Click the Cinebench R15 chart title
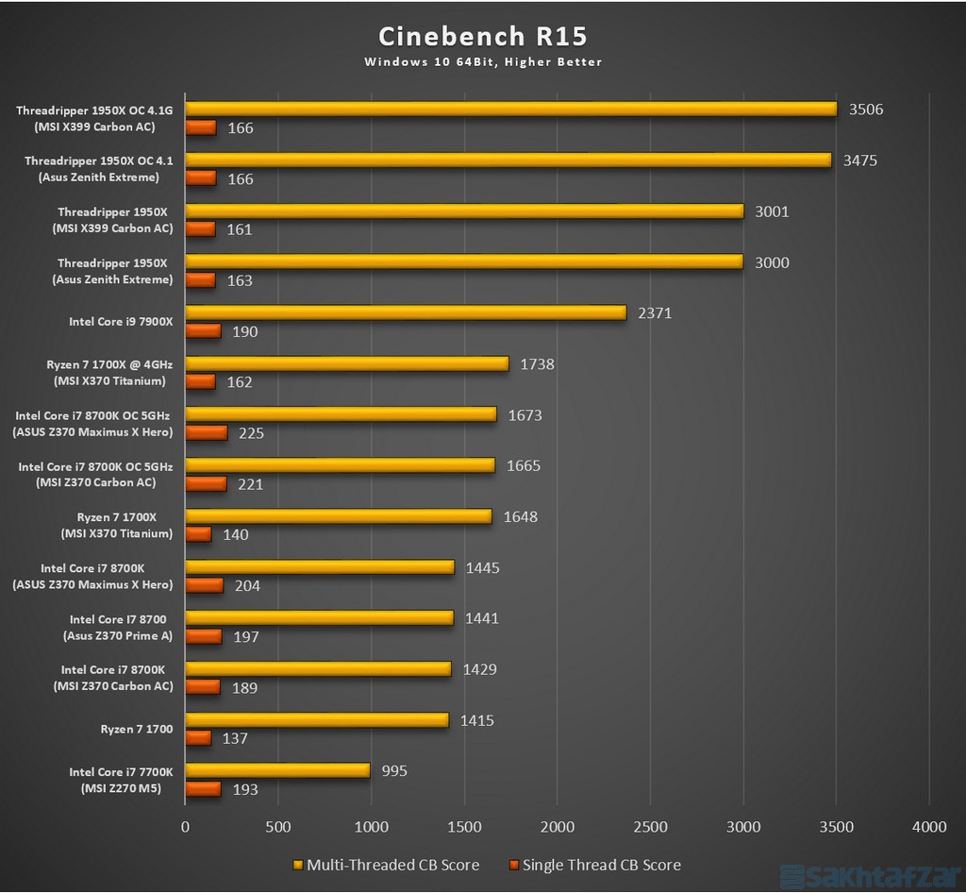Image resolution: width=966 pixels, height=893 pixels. [482, 37]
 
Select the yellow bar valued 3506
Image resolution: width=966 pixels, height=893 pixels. [510, 110]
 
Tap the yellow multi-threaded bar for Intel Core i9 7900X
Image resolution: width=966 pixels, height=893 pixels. [406, 313]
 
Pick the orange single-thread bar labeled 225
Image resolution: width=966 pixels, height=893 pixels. [206, 433]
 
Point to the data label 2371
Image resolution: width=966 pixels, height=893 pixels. [655, 313]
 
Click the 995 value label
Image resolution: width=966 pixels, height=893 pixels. [395, 771]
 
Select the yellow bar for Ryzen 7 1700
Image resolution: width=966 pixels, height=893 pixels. [316, 720]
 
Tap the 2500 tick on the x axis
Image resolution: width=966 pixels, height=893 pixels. [650, 827]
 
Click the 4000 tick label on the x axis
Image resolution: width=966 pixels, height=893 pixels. [929, 827]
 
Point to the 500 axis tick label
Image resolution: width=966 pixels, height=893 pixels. [278, 827]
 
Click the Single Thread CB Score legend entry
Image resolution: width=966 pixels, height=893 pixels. [594, 866]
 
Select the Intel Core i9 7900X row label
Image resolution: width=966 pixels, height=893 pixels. [121, 322]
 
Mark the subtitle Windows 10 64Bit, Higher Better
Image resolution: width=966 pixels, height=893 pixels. [482, 62]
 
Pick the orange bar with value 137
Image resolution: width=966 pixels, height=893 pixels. [198, 737]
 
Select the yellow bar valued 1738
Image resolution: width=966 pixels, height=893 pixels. [346, 364]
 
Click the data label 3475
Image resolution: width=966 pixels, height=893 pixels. [859, 160]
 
